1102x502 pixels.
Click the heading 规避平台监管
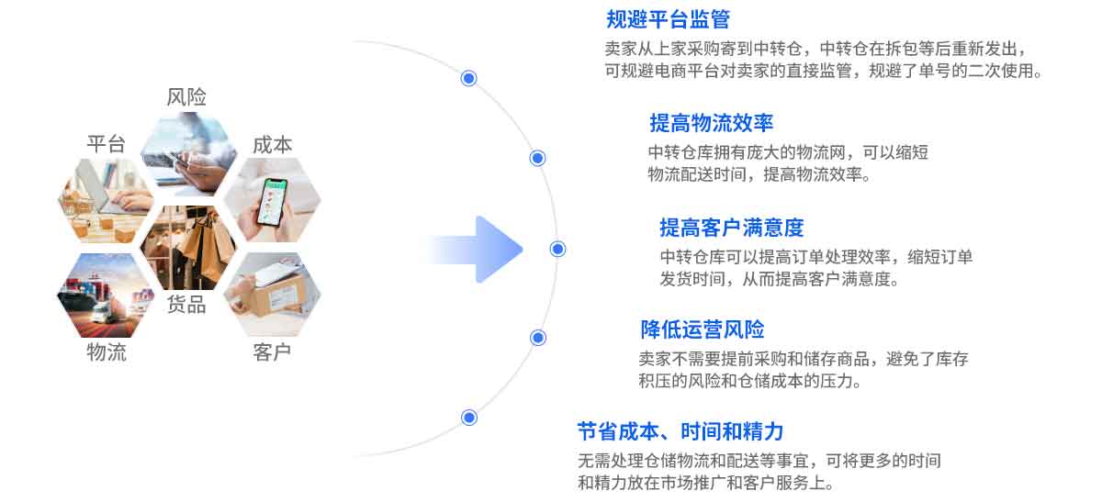click(x=668, y=19)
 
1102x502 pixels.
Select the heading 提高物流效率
click(x=712, y=123)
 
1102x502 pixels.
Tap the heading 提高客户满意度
click(x=732, y=228)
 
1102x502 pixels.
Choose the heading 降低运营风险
click(x=703, y=329)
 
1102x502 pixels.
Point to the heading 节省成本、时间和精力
click(x=680, y=431)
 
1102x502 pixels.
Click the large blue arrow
click(x=475, y=250)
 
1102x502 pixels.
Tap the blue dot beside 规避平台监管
click(x=469, y=78)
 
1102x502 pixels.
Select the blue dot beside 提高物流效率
click(x=537, y=159)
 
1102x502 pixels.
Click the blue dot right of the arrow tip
click(x=557, y=250)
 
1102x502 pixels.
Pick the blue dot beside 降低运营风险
click(x=538, y=338)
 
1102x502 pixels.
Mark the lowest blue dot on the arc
click(x=469, y=418)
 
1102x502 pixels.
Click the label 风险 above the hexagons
click(x=186, y=97)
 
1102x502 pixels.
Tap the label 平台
click(x=107, y=144)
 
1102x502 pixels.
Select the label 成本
click(x=272, y=145)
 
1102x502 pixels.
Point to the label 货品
click(x=186, y=305)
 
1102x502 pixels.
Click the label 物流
click(x=107, y=352)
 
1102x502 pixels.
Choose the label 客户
click(x=272, y=352)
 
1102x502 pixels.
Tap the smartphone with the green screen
click(x=272, y=202)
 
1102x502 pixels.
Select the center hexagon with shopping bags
click(x=188, y=247)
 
